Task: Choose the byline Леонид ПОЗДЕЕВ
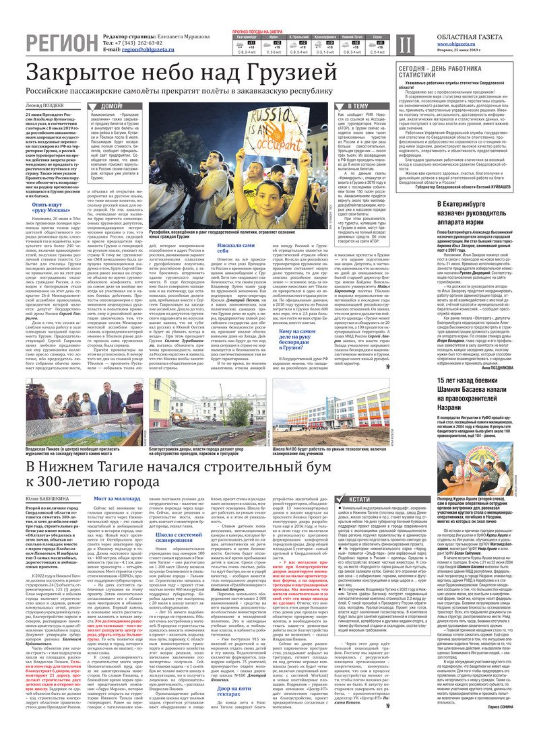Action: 45,106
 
